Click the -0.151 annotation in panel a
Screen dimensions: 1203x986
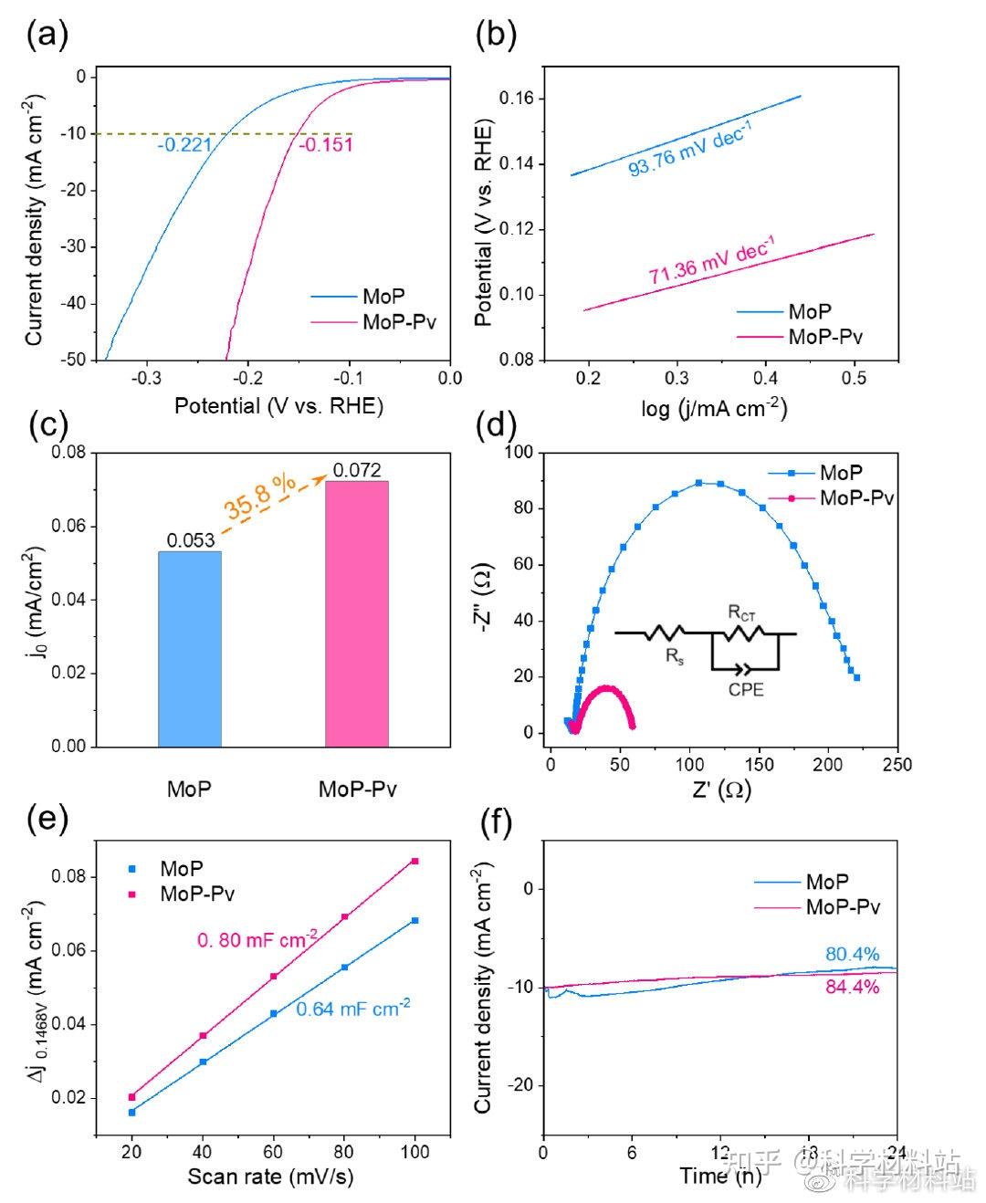pos(325,145)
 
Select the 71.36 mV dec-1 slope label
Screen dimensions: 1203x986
pos(711,261)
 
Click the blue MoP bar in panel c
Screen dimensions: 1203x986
pos(190,648)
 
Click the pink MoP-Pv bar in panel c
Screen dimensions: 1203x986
pos(357,613)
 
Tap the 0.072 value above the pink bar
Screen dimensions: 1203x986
pos(357,470)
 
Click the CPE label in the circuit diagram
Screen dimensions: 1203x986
pos(746,690)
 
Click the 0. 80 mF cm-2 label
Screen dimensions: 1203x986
pos(257,938)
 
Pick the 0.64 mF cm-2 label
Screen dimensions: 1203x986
pos(353,1009)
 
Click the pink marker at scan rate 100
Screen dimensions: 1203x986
pos(415,861)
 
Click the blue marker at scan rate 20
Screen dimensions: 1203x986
pos(131,1112)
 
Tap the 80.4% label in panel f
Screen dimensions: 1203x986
pos(852,955)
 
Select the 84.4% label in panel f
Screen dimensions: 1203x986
pos(852,987)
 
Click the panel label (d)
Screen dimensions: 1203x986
pos(498,426)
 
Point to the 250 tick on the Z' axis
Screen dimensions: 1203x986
pos(897,765)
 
